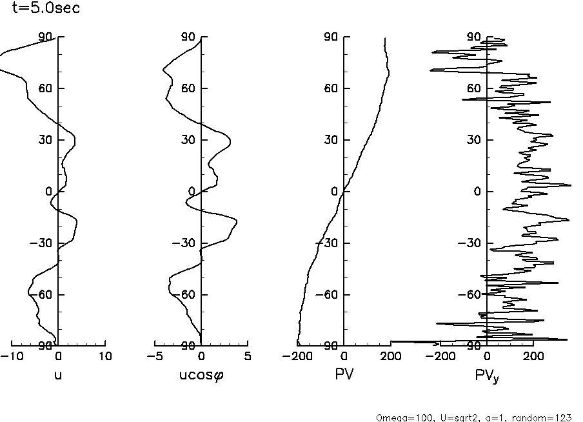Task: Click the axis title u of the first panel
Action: point(58,375)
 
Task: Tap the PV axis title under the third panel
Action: point(344,375)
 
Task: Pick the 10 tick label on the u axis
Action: point(105,356)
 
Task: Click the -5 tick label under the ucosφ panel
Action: point(155,356)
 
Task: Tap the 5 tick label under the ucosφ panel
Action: point(248,356)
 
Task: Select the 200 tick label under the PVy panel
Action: point(533,356)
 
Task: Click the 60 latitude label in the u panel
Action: point(44,88)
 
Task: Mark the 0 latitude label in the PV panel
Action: point(333,192)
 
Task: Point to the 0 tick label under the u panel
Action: point(58,356)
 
